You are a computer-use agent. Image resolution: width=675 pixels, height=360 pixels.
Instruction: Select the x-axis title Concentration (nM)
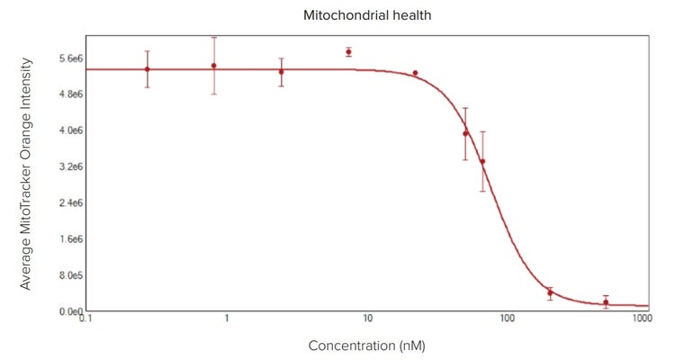point(365,346)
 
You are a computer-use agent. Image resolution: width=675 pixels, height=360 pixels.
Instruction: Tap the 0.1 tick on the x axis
point(86,319)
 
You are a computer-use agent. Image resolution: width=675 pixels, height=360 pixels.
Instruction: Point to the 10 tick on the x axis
point(367,319)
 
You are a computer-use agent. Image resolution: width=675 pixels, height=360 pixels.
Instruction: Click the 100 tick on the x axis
point(507,319)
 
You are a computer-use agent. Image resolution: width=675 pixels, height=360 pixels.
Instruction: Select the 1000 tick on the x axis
point(642,319)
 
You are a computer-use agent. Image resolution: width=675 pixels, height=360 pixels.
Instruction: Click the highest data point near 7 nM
point(348,52)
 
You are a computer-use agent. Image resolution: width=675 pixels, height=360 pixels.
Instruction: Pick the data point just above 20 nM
point(415,73)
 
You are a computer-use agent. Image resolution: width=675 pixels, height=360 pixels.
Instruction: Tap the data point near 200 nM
point(550,292)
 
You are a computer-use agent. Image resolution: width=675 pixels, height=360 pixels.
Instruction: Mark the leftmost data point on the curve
point(147,69)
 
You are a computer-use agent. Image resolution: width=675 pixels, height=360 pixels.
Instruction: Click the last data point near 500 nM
point(606,302)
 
